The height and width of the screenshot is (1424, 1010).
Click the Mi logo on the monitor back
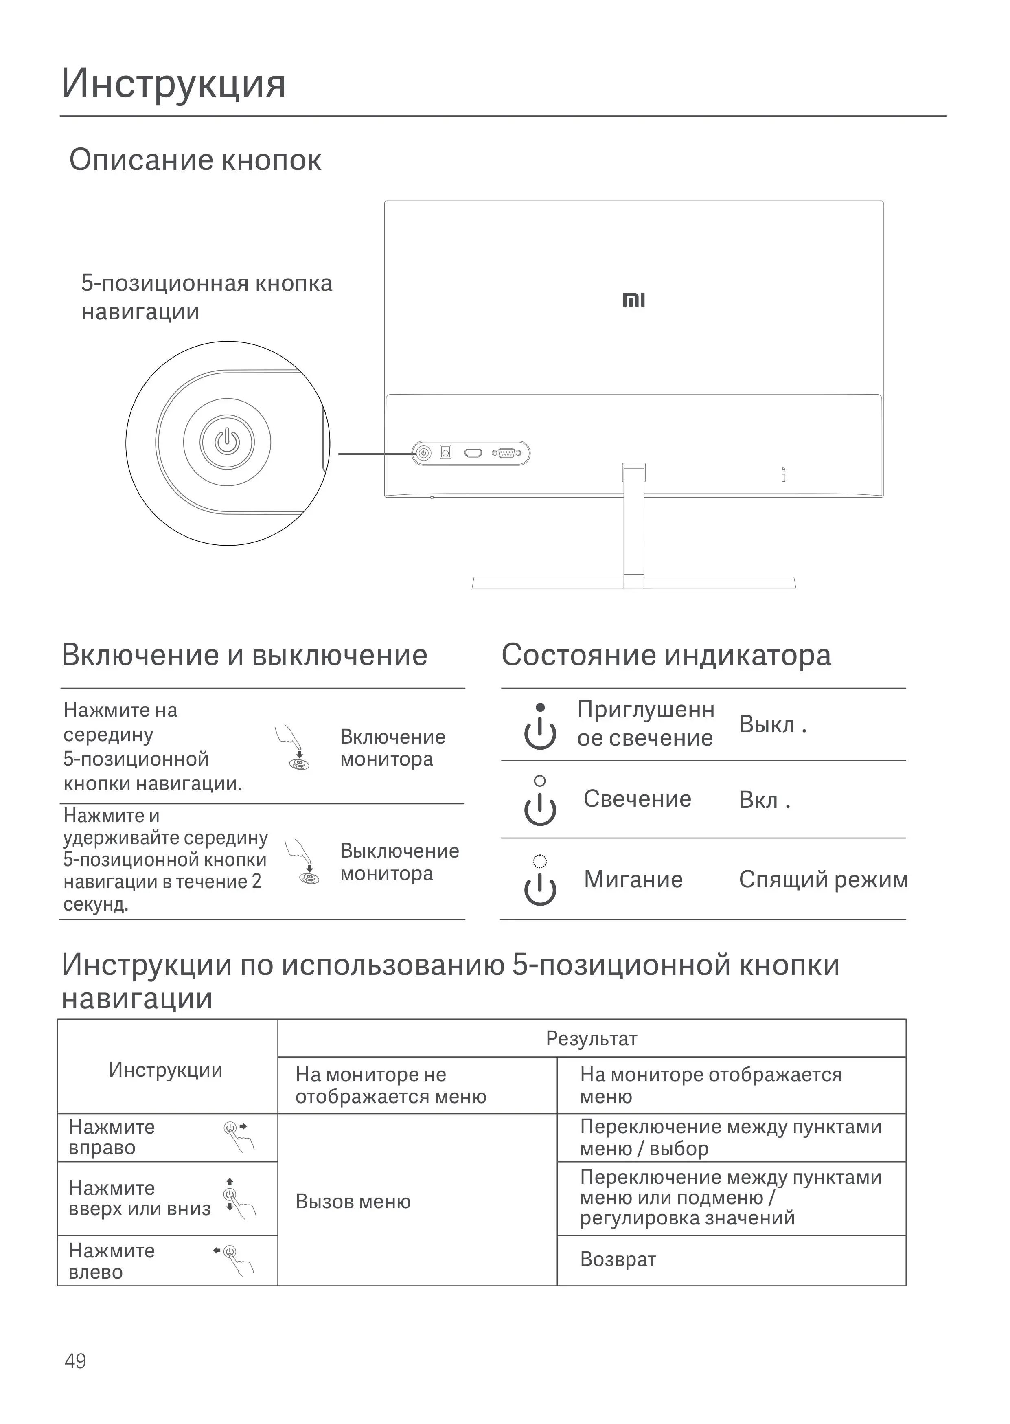(x=634, y=301)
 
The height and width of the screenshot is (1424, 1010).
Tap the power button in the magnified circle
(x=227, y=442)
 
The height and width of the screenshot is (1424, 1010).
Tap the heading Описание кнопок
(x=195, y=160)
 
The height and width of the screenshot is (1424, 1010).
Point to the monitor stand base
(x=634, y=583)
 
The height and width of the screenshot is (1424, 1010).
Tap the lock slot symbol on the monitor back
(x=783, y=475)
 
